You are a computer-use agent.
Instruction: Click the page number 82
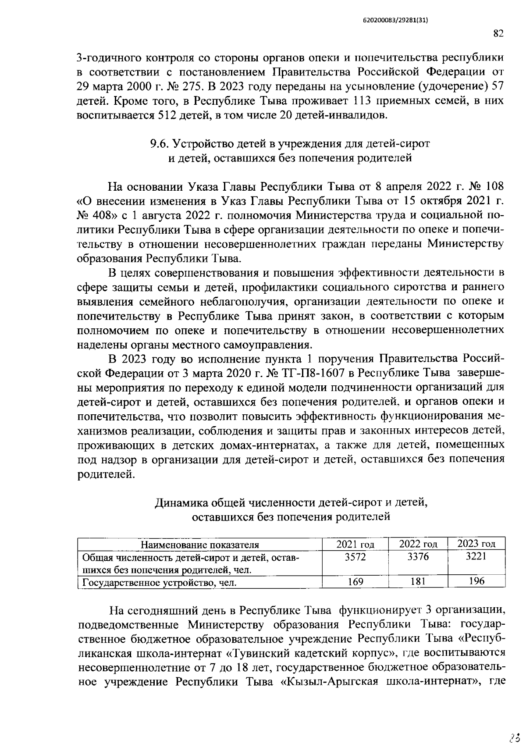tap(498, 34)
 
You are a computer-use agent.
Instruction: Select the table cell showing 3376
tap(418, 557)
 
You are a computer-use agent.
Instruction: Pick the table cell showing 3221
tap(476, 557)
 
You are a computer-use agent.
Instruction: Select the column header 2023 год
tap(476, 544)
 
